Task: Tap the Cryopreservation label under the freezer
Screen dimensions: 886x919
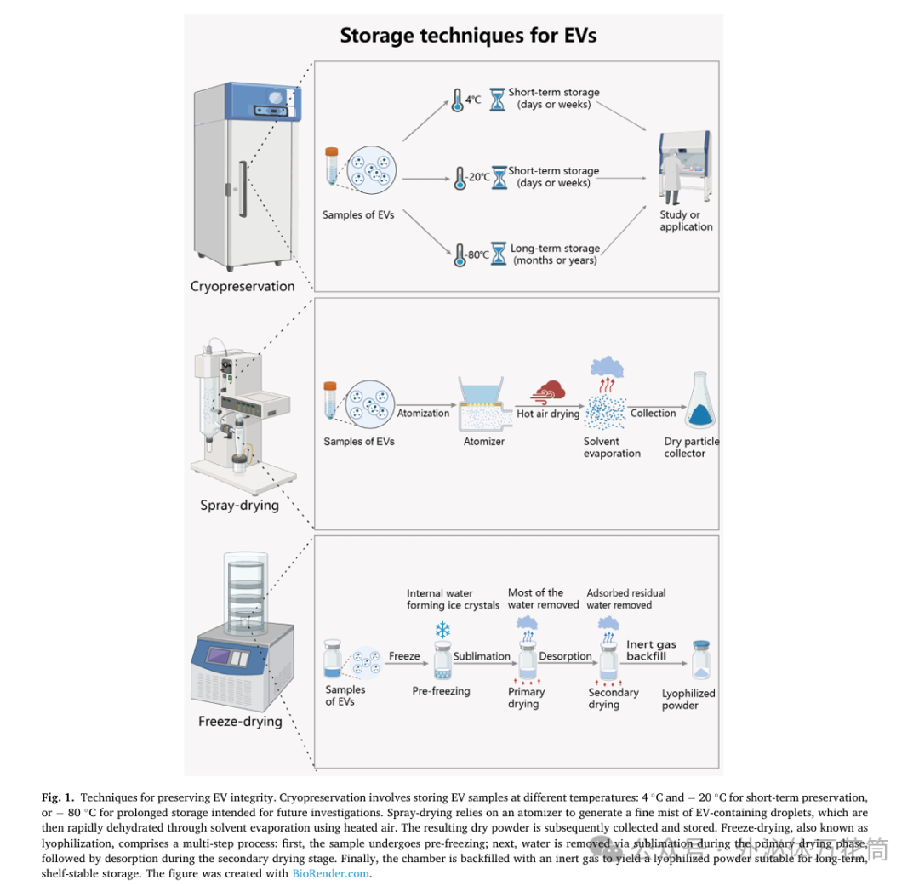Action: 243,286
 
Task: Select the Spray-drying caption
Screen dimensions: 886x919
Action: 239,505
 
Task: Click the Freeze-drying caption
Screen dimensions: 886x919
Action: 240,721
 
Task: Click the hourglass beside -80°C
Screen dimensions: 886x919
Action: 499,254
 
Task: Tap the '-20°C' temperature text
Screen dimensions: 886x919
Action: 478,177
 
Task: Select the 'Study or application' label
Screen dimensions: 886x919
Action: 686,220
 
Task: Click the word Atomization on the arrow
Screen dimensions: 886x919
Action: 423,413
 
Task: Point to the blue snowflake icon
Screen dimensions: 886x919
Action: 442,631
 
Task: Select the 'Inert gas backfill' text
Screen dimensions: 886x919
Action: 651,650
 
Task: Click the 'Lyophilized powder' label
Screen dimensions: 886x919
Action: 688,699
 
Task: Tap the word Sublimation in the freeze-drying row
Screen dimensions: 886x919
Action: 482,656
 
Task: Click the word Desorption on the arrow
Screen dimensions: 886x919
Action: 565,656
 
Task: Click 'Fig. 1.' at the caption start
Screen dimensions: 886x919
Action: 59,797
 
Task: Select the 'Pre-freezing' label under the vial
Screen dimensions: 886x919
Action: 441,691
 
